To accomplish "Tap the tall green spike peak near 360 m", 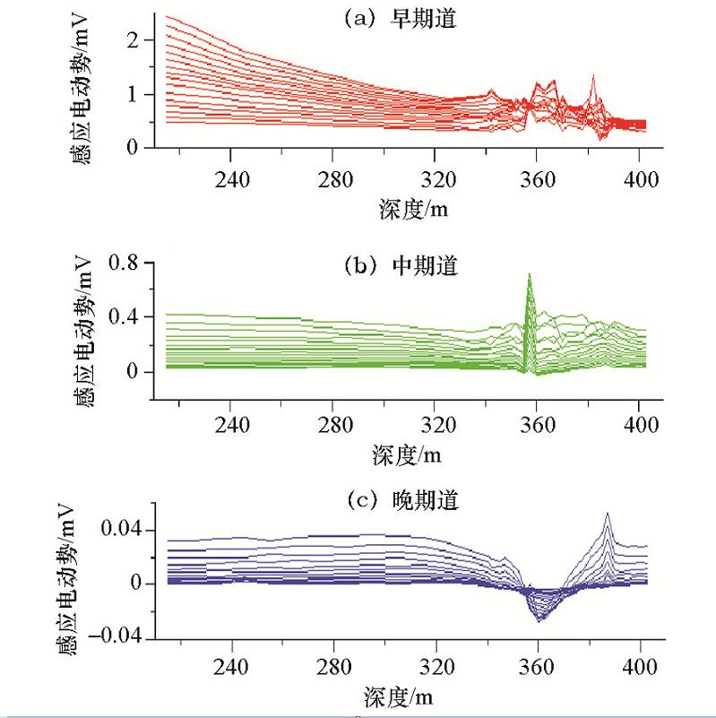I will click(530, 274).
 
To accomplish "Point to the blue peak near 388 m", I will click(608, 514).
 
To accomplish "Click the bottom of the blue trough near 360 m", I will click(539, 620).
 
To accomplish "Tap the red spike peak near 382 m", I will click(593, 76).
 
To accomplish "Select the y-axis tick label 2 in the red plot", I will click(134, 39).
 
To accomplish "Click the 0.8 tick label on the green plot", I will click(122, 263).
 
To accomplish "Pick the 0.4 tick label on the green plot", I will click(122, 317).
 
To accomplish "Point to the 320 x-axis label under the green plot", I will click(436, 422).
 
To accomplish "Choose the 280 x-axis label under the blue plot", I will click(333, 668).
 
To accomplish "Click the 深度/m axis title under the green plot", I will click(407, 454).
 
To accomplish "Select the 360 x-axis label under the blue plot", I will click(538, 668).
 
